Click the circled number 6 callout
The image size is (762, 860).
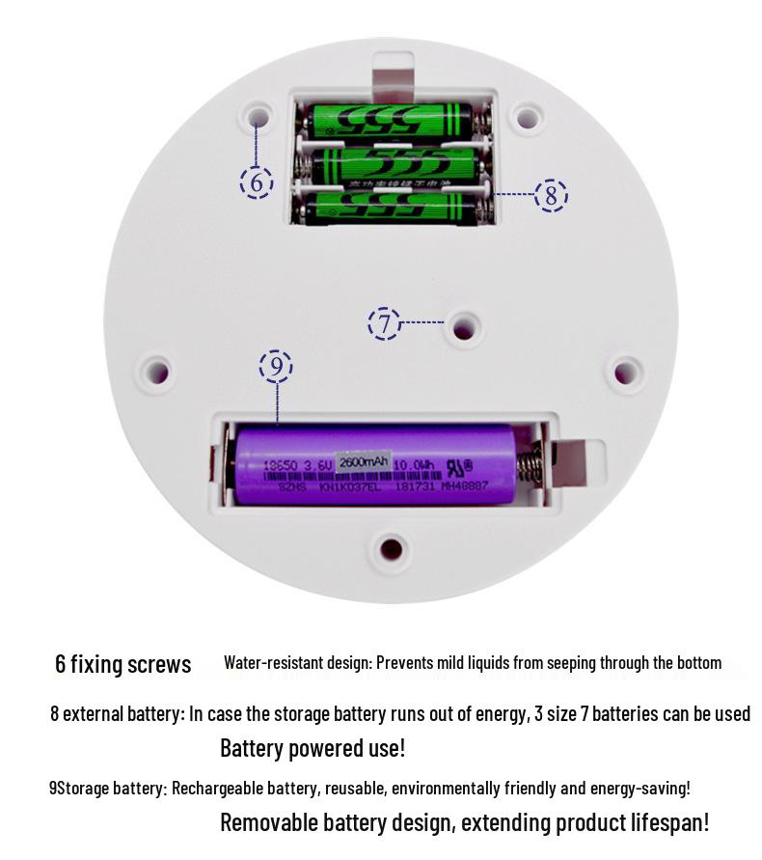[x=257, y=181]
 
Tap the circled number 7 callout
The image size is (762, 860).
[x=384, y=323]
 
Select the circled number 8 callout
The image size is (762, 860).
[x=551, y=195]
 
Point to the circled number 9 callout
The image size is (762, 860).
[x=276, y=367]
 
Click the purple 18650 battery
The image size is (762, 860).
[x=376, y=467]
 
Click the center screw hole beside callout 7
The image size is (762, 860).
[x=464, y=326]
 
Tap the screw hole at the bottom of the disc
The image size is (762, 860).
[x=391, y=548]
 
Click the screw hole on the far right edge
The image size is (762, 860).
[x=626, y=371]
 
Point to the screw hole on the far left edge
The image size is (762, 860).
[x=155, y=370]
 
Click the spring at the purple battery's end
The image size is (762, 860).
[x=529, y=467]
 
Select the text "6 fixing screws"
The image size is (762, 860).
[x=122, y=664]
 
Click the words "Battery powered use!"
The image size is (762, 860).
[x=313, y=748]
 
